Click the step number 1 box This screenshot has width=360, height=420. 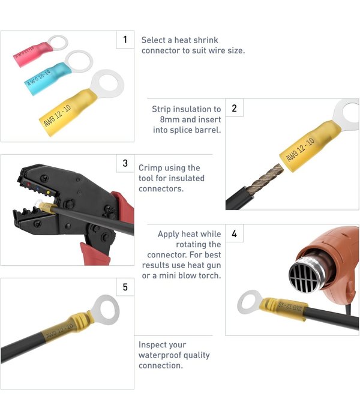point(125,40)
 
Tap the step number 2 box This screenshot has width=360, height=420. point(234,109)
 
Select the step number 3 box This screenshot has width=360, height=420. point(125,163)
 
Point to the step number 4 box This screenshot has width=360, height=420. point(234,234)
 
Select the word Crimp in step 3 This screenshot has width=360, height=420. point(150,168)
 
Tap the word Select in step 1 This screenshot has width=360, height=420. point(153,40)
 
